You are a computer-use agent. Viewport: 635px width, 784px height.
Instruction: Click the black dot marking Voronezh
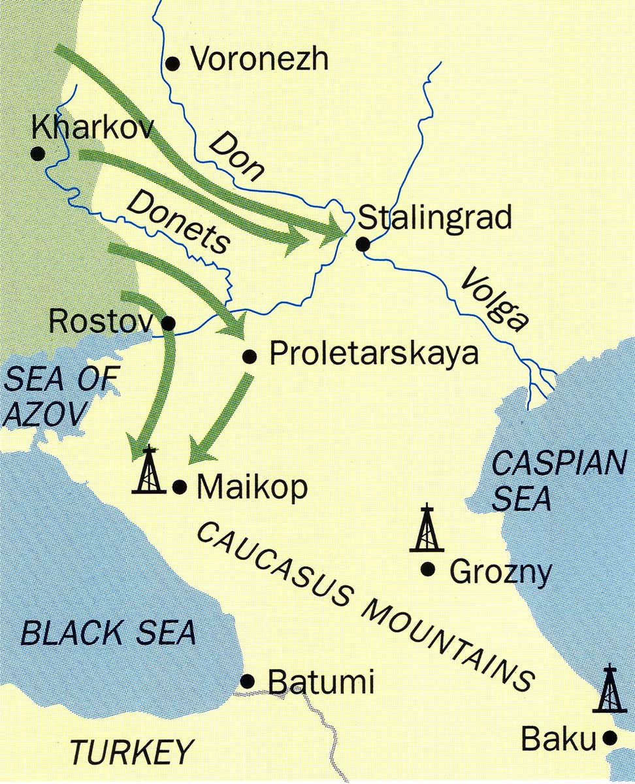tap(172, 63)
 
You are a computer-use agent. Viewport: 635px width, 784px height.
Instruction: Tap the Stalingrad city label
tap(435, 218)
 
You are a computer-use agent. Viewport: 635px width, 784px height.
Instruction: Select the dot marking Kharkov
tap(38, 154)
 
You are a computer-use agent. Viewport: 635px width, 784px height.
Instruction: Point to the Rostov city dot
tap(168, 323)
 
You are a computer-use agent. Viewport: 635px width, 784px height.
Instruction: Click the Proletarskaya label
tap(374, 355)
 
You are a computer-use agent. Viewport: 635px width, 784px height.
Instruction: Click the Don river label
tap(238, 155)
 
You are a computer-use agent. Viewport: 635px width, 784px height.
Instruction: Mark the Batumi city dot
tap(248, 681)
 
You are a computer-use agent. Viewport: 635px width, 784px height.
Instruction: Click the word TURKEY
tap(133, 751)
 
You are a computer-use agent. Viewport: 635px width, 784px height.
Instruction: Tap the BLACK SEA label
tap(108, 632)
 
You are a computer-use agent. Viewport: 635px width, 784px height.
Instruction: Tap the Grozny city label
tap(500, 573)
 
